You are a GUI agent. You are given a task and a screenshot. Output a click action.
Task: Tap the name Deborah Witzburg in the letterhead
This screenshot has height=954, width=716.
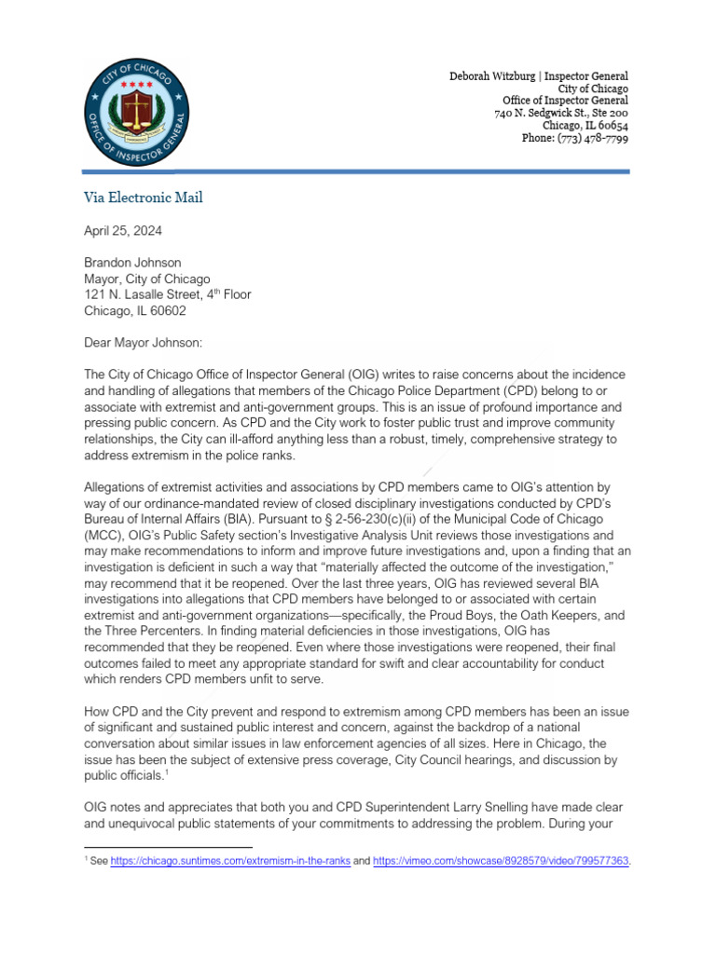(x=496, y=75)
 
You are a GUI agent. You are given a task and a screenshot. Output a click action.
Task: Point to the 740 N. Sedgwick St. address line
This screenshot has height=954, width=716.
(x=560, y=113)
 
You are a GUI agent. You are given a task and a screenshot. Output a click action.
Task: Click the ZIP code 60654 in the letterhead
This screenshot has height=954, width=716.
(x=611, y=126)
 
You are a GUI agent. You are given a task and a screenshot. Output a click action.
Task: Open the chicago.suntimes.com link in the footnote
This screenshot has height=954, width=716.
(x=230, y=863)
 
